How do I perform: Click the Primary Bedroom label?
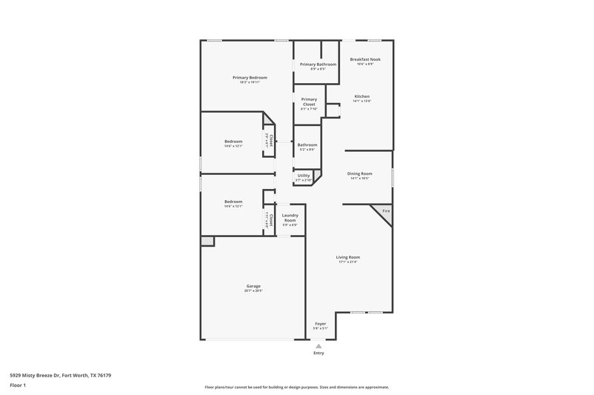249,78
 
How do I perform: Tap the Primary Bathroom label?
318,64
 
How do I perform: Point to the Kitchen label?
362,96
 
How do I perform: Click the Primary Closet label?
309,102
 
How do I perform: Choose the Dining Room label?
359,173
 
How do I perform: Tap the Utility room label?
304,176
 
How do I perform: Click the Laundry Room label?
290,218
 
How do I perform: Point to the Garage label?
253,286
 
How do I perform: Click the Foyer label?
321,323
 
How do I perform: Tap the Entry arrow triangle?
319,345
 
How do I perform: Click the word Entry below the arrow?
319,353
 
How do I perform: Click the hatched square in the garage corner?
208,240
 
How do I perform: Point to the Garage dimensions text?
253,291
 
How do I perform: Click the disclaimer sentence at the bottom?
297,387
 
